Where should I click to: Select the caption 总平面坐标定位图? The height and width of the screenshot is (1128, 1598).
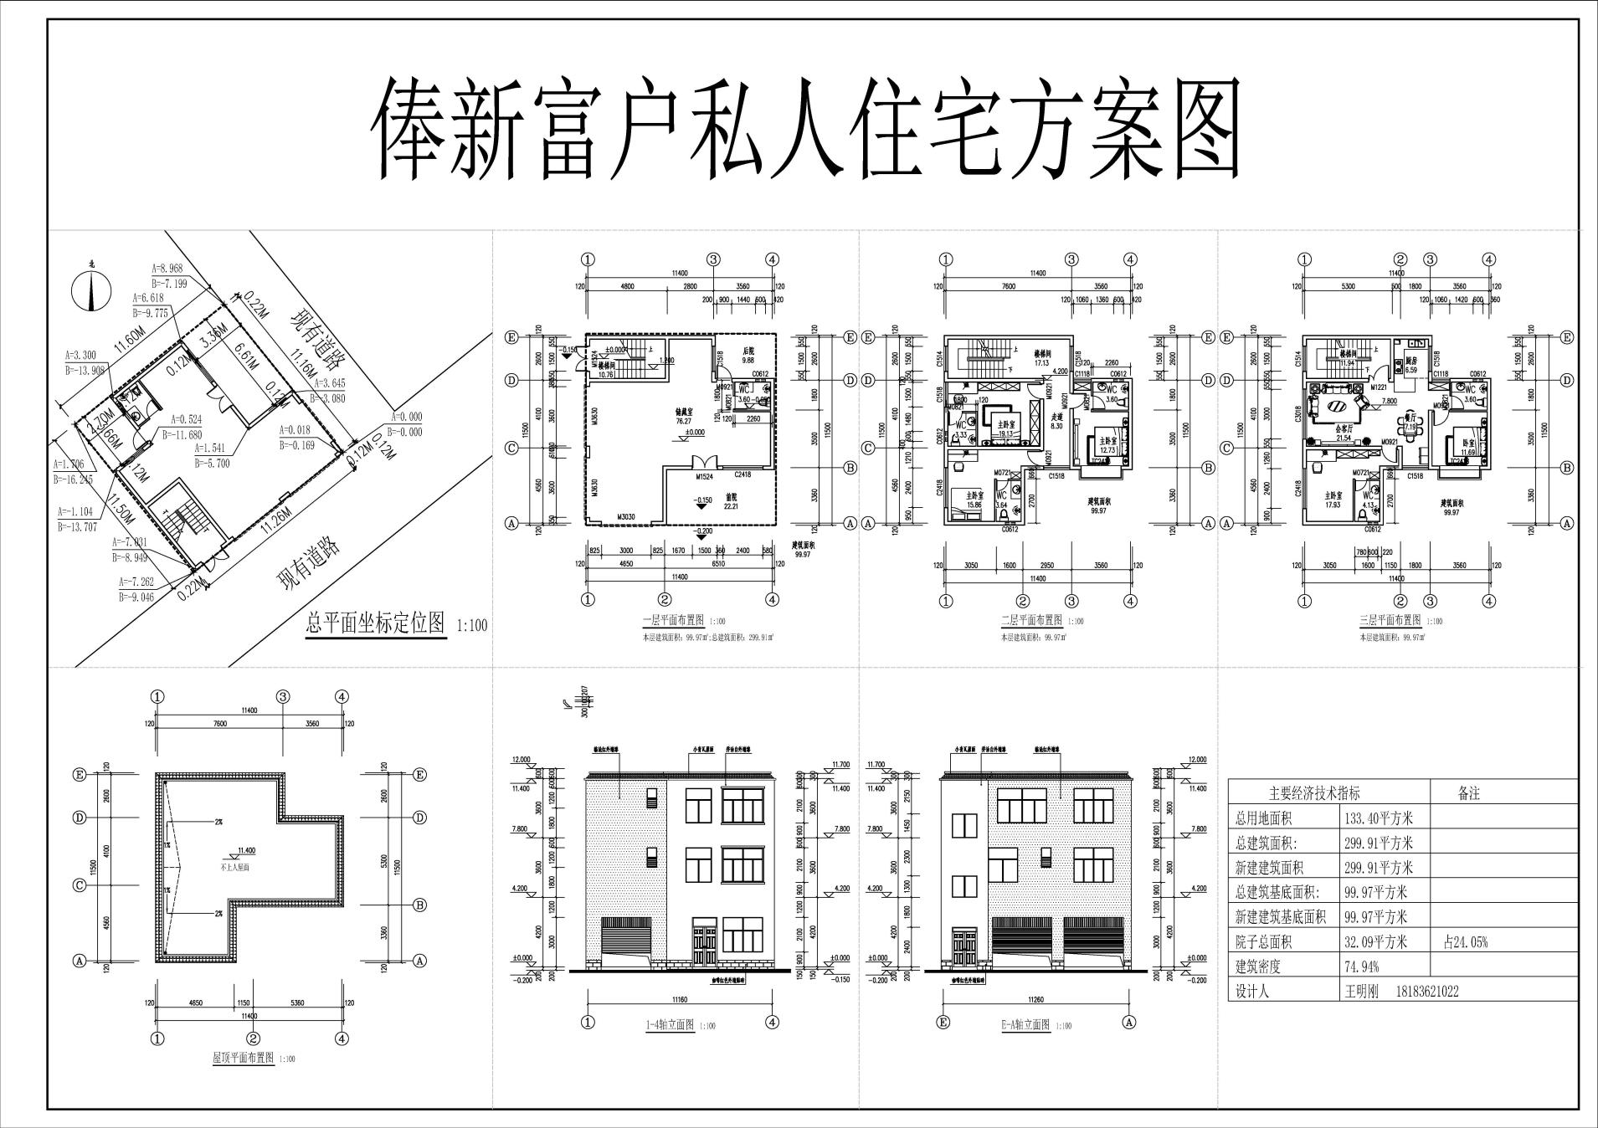376,623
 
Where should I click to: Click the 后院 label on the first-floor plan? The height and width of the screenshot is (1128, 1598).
749,351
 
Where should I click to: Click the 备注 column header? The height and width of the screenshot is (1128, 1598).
1467,794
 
